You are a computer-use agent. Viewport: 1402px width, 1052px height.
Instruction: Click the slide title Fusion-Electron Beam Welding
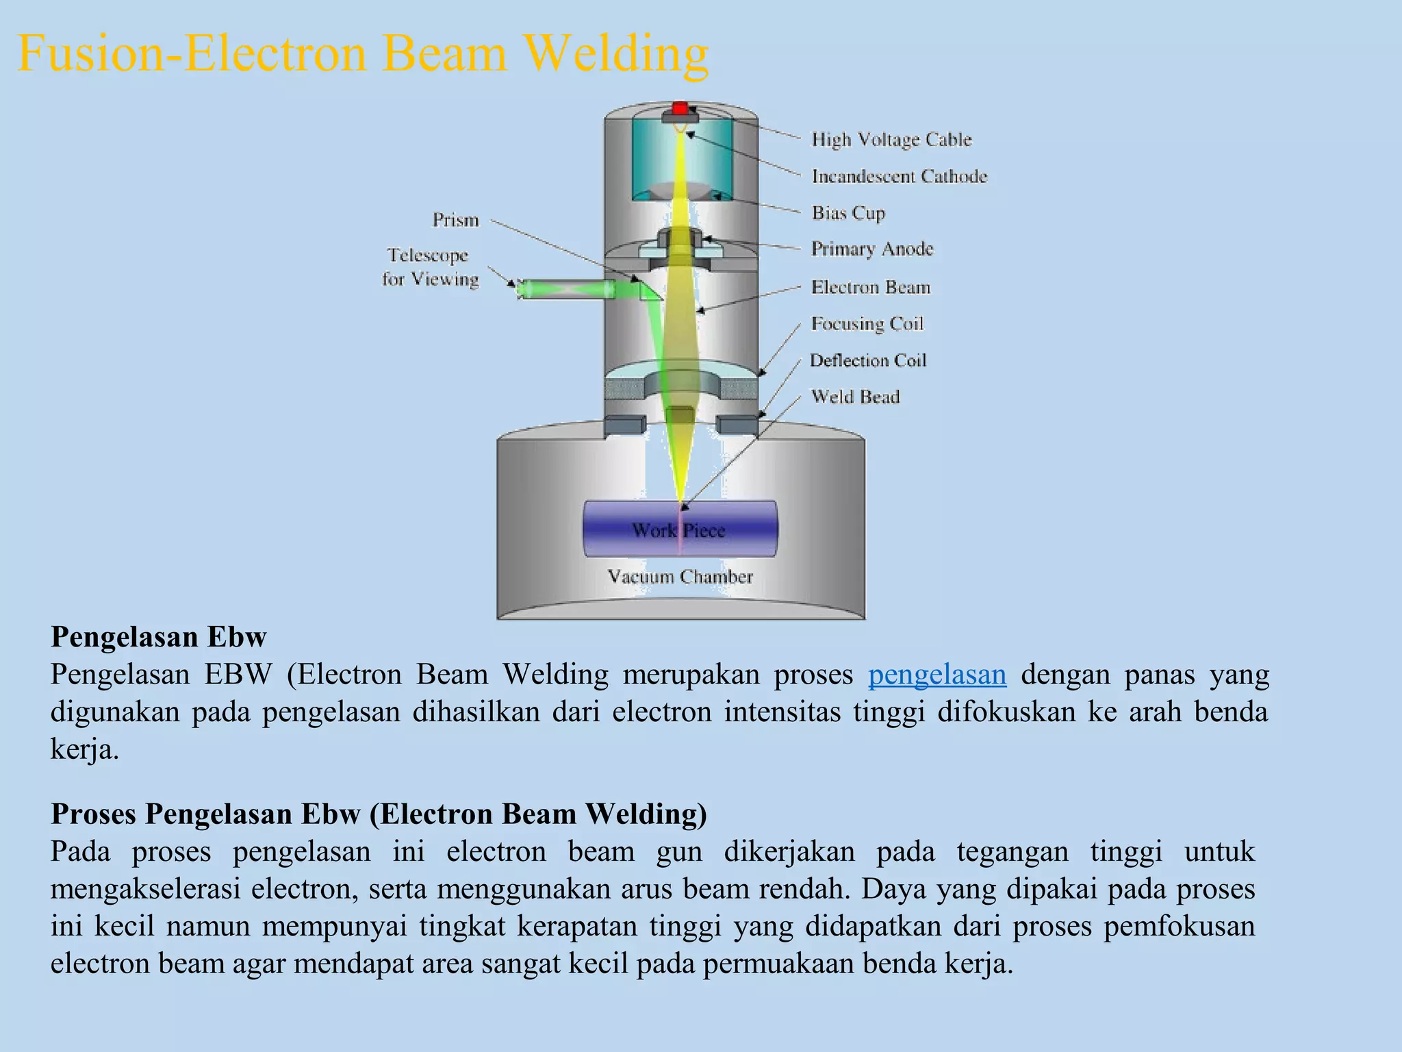click(x=363, y=53)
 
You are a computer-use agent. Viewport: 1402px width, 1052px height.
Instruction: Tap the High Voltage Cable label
click(x=891, y=140)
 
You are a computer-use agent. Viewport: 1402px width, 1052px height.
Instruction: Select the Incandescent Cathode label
click(x=900, y=177)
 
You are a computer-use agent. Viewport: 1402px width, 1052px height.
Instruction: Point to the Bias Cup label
click(x=848, y=213)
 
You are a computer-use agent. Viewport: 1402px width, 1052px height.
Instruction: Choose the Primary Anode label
click(x=872, y=249)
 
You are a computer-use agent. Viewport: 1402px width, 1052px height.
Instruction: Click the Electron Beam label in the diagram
click(x=871, y=287)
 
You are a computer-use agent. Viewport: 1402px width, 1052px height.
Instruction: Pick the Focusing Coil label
click(x=867, y=323)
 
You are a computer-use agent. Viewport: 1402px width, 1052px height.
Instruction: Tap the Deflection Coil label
click(x=868, y=360)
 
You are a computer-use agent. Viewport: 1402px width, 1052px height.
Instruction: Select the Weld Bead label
click(x=855, y=397)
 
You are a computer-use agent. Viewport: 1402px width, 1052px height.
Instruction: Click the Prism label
click(x=455, y=220)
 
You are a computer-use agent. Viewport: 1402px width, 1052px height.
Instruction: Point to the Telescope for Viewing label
click(x=430, y=267)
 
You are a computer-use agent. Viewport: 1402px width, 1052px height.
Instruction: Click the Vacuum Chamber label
click(x=680, y=577)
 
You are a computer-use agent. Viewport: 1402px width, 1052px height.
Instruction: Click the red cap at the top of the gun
click(x=680, y=108)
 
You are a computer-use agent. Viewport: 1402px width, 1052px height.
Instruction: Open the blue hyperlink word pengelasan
click(x=937, y=675)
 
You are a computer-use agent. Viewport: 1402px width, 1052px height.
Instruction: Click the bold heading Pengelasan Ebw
click(x=158, y=637)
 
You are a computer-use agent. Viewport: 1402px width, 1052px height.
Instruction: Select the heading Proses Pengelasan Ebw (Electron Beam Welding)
click(x=379, y=814)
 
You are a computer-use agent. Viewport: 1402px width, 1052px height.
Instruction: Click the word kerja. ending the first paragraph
click(x=85, y=749)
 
